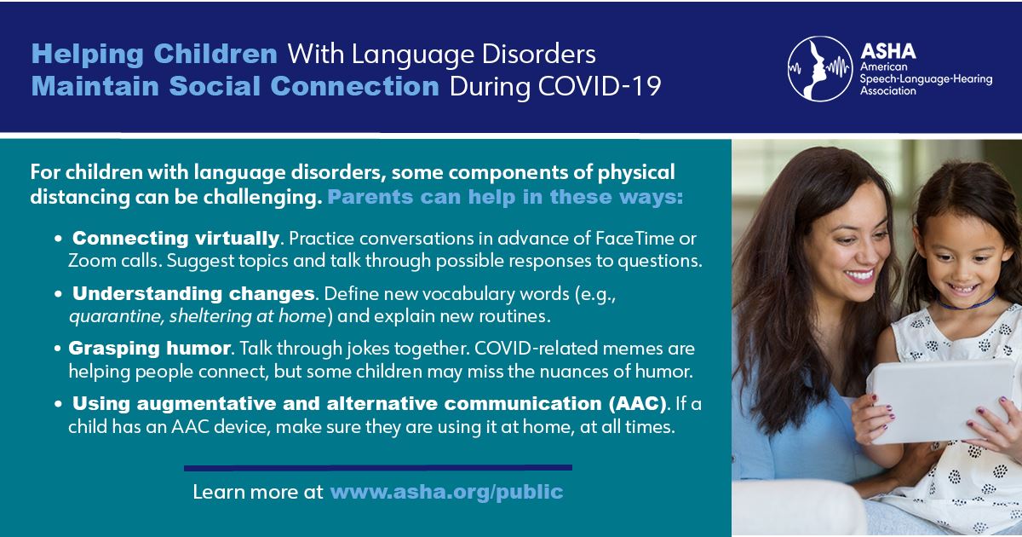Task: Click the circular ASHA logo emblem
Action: (x=820, y=68)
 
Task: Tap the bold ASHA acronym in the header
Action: (x=888, y=52)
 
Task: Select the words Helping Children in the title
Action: (x=154, y=55)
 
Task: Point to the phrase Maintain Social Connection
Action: (x=235, y=86)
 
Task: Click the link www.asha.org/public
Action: (x=446, y=493)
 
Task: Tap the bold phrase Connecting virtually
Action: (x=175, y=239)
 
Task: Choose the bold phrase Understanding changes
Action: (x=193, y=293)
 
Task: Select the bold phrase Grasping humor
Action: (x=149, y=349)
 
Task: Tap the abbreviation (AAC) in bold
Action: (x=637, y=404)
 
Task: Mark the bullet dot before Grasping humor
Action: (x=58, y=349)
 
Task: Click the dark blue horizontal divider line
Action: (x=378, y=468)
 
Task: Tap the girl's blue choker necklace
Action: (x=967, y=303)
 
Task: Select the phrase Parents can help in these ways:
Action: (x=506, y=197)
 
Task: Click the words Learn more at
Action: (x=258, y=493)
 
